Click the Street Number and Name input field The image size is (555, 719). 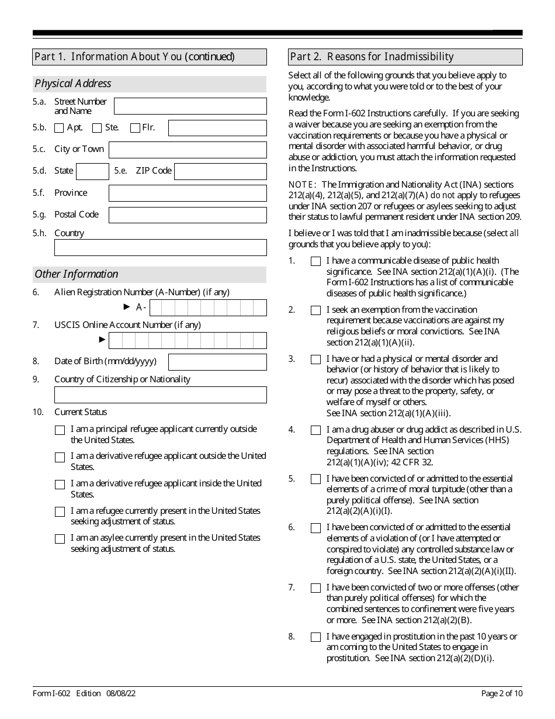pyautogui.click(x=190, y=106)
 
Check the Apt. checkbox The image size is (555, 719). pyautogui.click(x=59, y=128)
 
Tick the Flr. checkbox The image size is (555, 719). pyautogui.click(x=135, y=128)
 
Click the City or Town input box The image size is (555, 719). pyautogui.click(x=188, y=150)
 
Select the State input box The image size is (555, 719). pyautogui.click(x=92, y=171)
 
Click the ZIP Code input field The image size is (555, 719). pyautogui.click(x=220, y=171)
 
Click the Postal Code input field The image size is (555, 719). pyautogui.click(x=188, y=215)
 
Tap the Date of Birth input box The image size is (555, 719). pyautogui.click(x=217, y=362)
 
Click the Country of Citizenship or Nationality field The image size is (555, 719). pyautogui.click(x=160, y=395)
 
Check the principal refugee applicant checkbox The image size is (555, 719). pyautogui.click(x=60, y=430)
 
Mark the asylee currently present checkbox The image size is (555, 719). pyautogui.click(x=60, y=539)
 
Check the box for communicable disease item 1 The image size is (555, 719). pyautogui.click(x=315, y=261)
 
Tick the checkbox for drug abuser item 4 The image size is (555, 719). pyautogui.click(x=315, y=430)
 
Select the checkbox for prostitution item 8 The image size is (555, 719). pyautogui.click(x=315, y=637)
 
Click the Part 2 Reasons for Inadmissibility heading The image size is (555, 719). pyautogui.click(x=372, y=57)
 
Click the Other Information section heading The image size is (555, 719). pyautogui.click(x=77, y=274)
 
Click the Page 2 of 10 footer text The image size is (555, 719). pyautogui.click(x=501, y=694)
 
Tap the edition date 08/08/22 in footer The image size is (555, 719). pyautogui.click(x=121, y=694)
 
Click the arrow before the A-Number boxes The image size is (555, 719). pyautogui.click(x=127, y=307)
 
